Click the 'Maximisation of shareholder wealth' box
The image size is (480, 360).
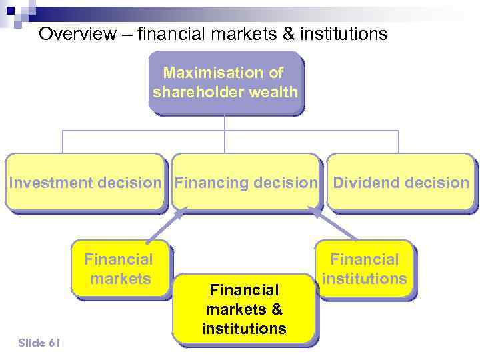coord(225,83)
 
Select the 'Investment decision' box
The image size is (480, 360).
coord(85,183)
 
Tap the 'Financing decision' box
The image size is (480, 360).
coord(245,183)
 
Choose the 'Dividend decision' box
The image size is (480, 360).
coord(401,183)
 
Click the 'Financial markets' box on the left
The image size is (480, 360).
coord(120,269)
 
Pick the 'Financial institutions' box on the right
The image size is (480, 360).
coord(364,269)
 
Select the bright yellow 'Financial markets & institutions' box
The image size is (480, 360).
coord(243,309)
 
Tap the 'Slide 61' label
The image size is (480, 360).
coord(39,343)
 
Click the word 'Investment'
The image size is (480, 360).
coord(51,183)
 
